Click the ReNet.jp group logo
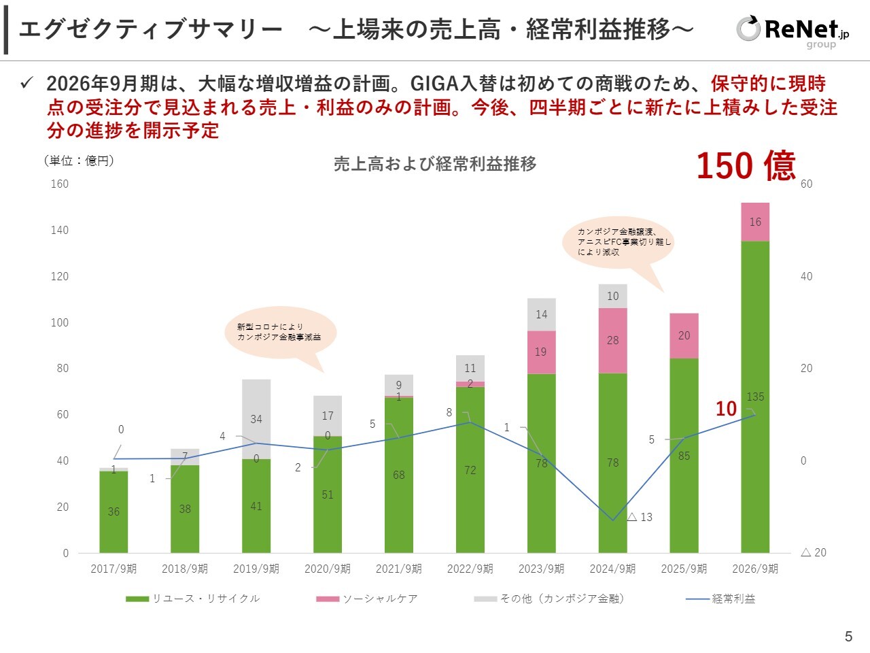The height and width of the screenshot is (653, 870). click(793, 31)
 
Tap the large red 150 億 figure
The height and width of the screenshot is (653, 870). click(746, 166)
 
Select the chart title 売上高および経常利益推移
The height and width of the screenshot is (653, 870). click(435, 164)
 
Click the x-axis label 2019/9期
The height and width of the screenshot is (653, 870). click(256, 569)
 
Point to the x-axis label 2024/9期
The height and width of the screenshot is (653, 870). click(612, 569)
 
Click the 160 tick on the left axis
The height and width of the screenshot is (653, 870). click(60, 184)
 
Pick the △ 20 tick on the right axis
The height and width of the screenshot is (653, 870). click(814, 552)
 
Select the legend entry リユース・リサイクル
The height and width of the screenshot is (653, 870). click(193, 599)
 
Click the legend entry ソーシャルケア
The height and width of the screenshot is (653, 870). click(367, 599)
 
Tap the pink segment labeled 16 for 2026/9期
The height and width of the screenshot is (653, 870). click(755, 222)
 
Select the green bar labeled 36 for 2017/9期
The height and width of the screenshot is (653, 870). click(114, 512)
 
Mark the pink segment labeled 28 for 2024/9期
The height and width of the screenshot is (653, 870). click(613, 340)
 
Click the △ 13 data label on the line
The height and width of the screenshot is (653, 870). click(640, 517)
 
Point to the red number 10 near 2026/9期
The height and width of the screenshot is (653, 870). click(726, 408)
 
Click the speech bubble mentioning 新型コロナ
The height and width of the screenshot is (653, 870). click(279, 332)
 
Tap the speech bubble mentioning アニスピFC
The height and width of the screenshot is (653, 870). click(619, 242)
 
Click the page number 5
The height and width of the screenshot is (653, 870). click(848, 637)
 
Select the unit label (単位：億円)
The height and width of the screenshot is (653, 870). click(80, 161)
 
